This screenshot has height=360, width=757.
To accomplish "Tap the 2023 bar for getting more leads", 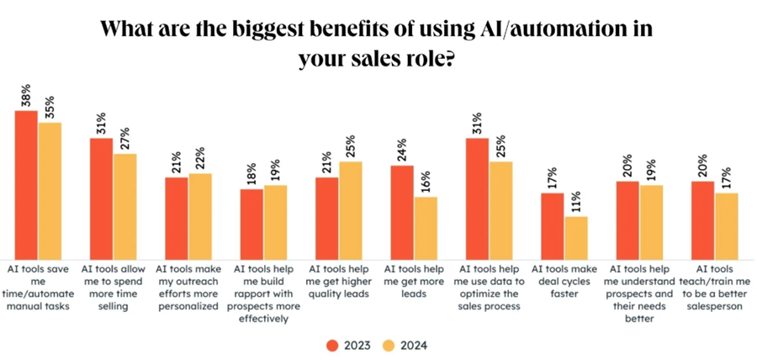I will (x=401, y=211).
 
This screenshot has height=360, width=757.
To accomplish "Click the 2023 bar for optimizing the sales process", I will (x=477, y=198).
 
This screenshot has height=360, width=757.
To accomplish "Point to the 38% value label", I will (x=26, y=95).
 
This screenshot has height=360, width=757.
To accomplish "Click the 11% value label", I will (x=575, y=201).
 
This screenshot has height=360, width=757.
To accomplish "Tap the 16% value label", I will (x=426, y=182).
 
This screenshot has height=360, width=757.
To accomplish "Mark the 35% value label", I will (x=50, y=107).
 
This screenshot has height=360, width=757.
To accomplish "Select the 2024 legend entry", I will (x=409, y=345).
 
